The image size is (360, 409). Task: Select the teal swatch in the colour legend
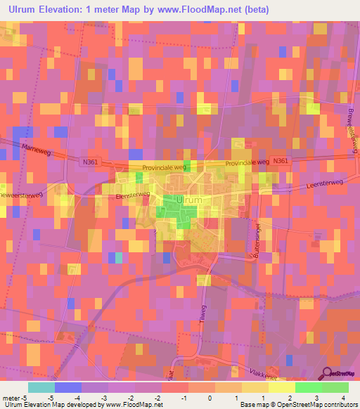[41, 387]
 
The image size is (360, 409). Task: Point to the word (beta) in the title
[253, 10]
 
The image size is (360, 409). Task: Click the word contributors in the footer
[340, 405]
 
